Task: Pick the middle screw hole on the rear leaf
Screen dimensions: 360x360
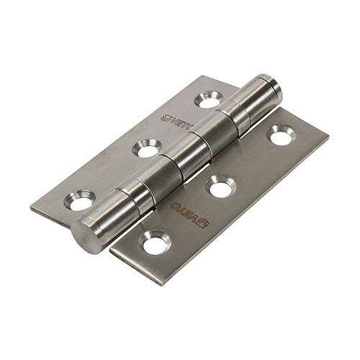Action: coord(147,148)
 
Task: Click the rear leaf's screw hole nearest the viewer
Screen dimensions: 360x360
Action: coord(81,199)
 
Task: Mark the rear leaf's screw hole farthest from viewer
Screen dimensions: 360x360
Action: coord(209,99)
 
